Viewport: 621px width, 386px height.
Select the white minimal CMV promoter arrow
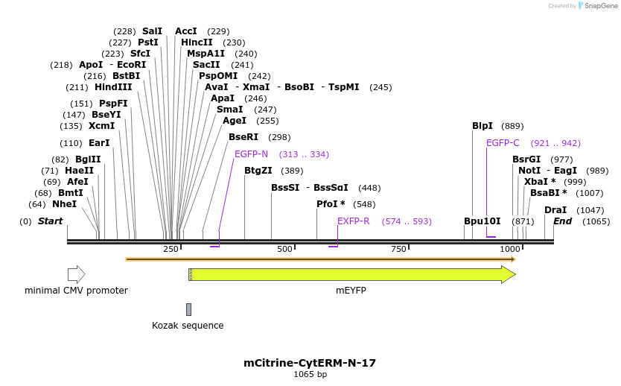[76, 274]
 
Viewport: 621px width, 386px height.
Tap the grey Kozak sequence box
[188, 309]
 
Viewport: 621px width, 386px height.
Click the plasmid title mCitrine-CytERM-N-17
[310, 363]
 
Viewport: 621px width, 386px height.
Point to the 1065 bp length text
[310, 375]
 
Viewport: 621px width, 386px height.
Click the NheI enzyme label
[64, 204]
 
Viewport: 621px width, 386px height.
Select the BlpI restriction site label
[483, 126]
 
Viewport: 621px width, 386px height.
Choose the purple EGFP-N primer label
[251, 154]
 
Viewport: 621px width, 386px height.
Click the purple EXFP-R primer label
[353, 221]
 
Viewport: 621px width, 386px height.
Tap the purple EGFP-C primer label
[503, 143]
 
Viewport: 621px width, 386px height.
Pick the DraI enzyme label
[555, 210]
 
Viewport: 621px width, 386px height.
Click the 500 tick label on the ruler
[284, 249]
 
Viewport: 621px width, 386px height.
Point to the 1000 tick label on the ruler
[510, 249]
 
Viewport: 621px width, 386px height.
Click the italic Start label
[50, 221]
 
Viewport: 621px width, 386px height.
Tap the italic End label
[562, 221]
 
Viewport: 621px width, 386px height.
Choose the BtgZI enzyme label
[258, 171]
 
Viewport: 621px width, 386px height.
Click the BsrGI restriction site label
[526, 159]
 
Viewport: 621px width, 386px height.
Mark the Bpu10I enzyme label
[482, 221]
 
